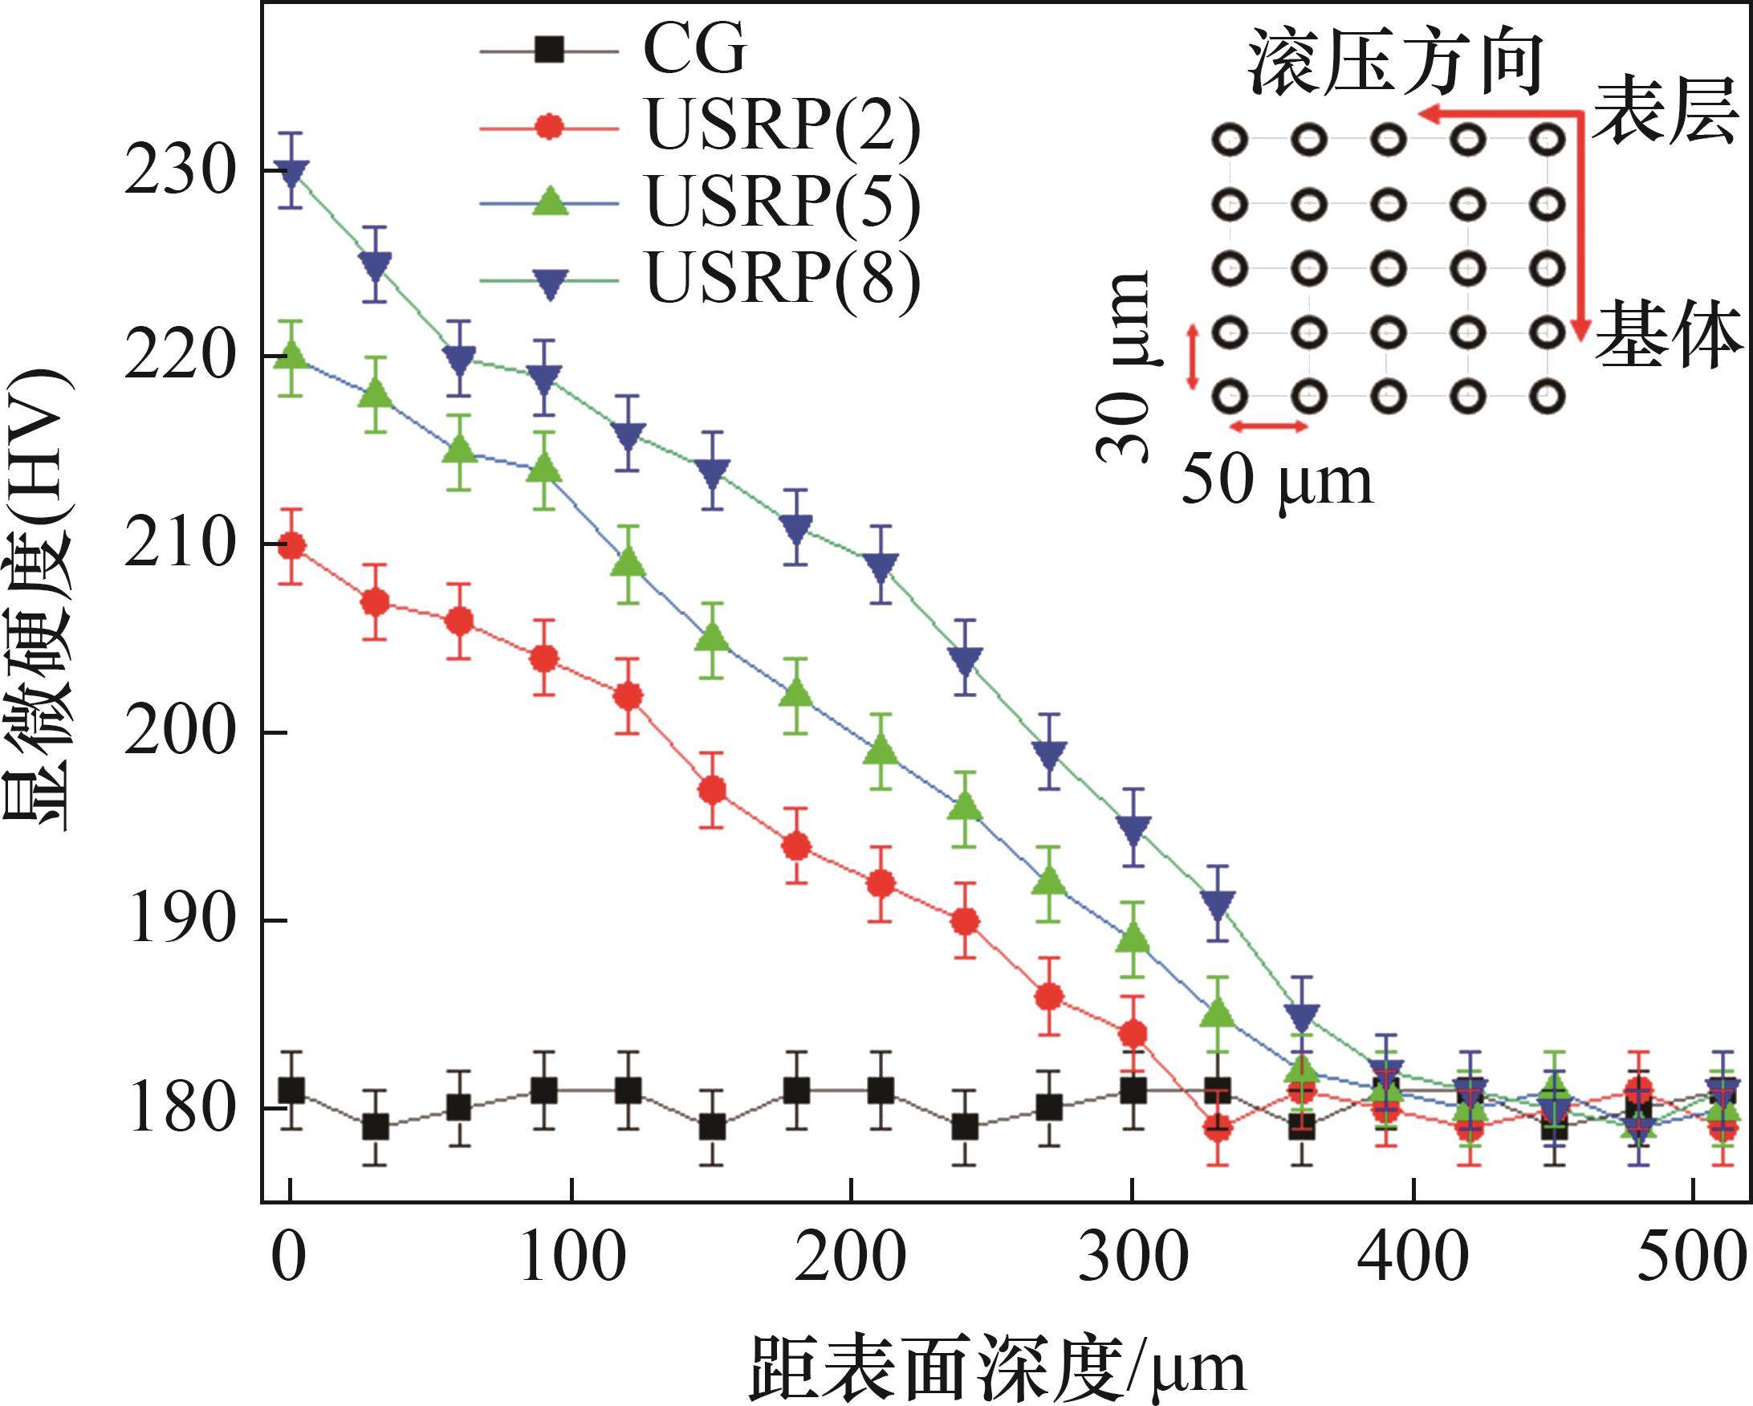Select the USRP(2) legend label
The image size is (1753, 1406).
pos(782,128)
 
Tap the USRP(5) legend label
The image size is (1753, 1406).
pos(782,202)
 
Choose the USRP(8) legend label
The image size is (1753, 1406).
pos(782,277)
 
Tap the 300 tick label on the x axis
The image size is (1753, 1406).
pos(1133,1257)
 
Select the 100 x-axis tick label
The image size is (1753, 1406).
pos(571,1257)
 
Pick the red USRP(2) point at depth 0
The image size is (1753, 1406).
pos(291,546)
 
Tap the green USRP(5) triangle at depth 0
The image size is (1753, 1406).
pos(291,357)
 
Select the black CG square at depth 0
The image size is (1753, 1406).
pos(291,1090)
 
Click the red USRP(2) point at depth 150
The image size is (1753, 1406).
pos(712,789)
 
